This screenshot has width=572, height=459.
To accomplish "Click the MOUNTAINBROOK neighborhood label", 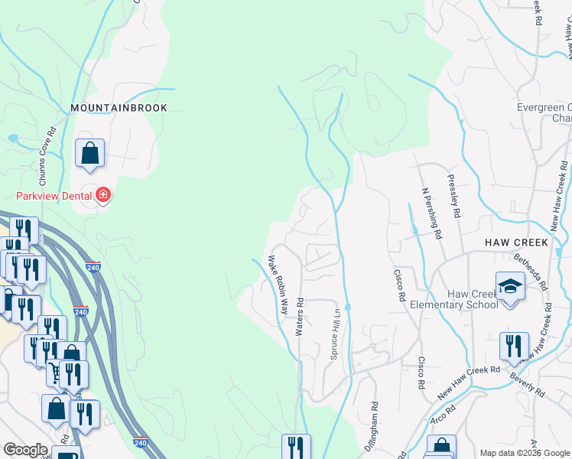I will click(119, 108).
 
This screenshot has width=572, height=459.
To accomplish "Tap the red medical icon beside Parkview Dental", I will click(103, 196).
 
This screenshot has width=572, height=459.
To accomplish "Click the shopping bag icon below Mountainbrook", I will click(89, 152).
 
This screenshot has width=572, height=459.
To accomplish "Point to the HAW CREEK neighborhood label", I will click(517, 243).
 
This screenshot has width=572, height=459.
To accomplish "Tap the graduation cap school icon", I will click(510, 288).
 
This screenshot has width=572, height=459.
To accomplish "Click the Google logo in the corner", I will click(25, 450).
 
